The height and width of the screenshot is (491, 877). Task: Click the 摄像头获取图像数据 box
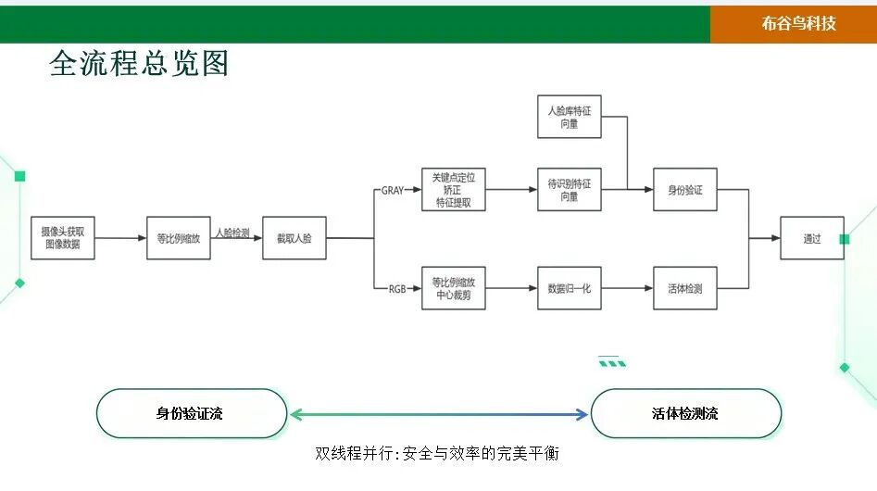pyautogui.click(x=62, y=238)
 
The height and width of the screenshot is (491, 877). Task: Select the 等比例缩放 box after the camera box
pyautogui.click(x=178, y=238)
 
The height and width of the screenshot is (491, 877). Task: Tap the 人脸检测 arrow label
pyautogui.click(x=232, y=233)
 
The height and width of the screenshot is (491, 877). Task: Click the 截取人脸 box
pyautogui.click(x=294, y=238)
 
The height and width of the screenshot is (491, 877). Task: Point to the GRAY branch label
pyautogui.click(x=393, y=190)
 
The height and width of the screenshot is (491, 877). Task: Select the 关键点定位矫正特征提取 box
pyautogui.click(x=453, y=190)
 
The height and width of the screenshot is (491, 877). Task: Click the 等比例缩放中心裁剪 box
pyautogui.click(x=453, y=288)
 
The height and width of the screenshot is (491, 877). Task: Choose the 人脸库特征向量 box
pyautogui.click(x=569, y=117)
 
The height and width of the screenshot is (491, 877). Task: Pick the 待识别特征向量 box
pyautogui.click(x=569, y=190)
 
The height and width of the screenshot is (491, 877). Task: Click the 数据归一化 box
pyautogui.click(x=569, y=288)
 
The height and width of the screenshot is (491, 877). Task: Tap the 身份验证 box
pyautogui.click(x=685, y=190)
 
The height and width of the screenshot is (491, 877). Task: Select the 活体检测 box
pyautogui.click(x=685, y=288)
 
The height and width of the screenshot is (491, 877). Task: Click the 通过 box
pyautogui.click(x=811, y=238)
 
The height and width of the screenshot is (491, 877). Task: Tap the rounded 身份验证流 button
pyautogui.click(x=192, y=413)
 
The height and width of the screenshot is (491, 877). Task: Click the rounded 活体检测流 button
pyautogui.click(x=686, y=413)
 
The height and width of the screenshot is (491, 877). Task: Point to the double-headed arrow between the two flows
pyautogui.click(x=439, y=414)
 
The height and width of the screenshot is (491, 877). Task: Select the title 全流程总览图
pyautogui.click(x=139, y=63)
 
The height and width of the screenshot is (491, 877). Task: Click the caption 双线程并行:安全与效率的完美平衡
pyautogui.click(x=437, y=454)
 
